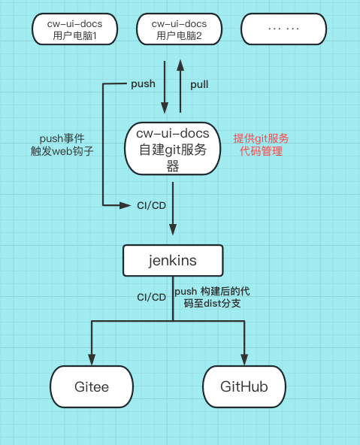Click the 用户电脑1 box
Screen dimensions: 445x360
click(75, 29)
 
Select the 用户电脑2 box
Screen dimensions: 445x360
click(179, 29)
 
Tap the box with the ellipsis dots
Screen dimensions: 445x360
click(283, 29)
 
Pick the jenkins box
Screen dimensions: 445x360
click(173, 261)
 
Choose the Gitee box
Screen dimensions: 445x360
click(92, 387)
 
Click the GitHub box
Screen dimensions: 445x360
click(244, 387)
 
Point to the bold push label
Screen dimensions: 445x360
click(143, 83)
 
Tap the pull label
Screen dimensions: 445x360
click(199, 84)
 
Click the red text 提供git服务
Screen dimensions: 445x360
click(261, 138)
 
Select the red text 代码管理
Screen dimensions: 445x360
click(261, 151)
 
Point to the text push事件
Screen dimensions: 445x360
click(64, 139)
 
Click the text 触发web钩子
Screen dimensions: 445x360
click(64, 152)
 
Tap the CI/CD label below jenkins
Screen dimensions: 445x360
click(151, 297)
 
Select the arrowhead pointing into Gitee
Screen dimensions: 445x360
click(92, 359)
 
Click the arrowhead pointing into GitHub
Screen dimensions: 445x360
click(244, 359)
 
